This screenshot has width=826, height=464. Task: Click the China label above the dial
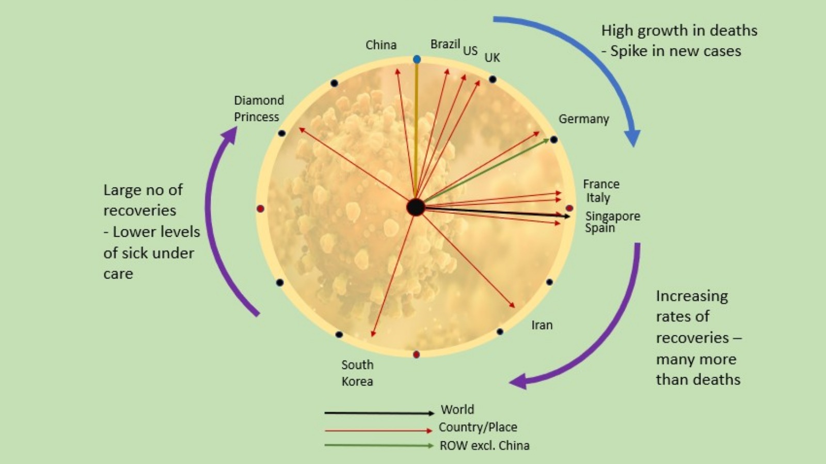[381, 45]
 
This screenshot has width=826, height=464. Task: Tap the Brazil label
[445, 44]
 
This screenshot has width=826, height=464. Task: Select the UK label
[492, 57]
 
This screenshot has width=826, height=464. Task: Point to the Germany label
[583, 119]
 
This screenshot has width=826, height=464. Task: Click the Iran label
[542, 325]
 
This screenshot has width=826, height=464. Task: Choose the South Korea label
[357, 373]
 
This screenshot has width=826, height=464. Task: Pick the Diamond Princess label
[258, 109]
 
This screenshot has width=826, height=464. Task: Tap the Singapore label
[612, 216]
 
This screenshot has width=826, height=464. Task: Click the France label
[601, 184]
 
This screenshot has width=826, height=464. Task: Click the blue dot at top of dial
[417, 59]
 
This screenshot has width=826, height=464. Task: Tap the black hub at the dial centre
[415, 207]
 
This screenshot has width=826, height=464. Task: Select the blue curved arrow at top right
[589, 57]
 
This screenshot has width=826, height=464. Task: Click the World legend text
[457, 409]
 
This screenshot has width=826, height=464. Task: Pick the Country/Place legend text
[478, 427]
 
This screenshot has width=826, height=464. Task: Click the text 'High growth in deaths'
[679, 30]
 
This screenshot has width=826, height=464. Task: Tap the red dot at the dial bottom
[416, 354]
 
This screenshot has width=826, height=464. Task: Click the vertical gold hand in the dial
[416, 129]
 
